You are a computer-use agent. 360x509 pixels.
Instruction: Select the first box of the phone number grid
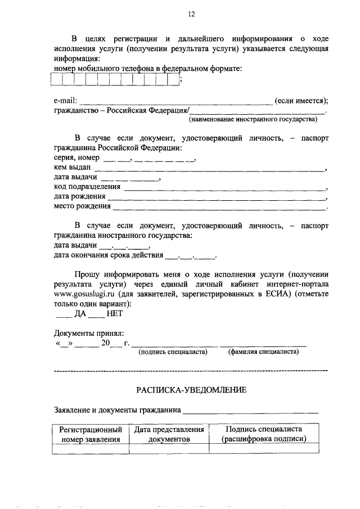point(57,80)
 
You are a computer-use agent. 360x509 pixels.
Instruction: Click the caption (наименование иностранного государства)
point(253,119)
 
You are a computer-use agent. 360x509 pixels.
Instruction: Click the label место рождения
point(82,206)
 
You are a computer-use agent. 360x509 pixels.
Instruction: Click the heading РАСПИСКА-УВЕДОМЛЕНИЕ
point(191,390)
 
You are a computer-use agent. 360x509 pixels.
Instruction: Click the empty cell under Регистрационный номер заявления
point(91,448)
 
